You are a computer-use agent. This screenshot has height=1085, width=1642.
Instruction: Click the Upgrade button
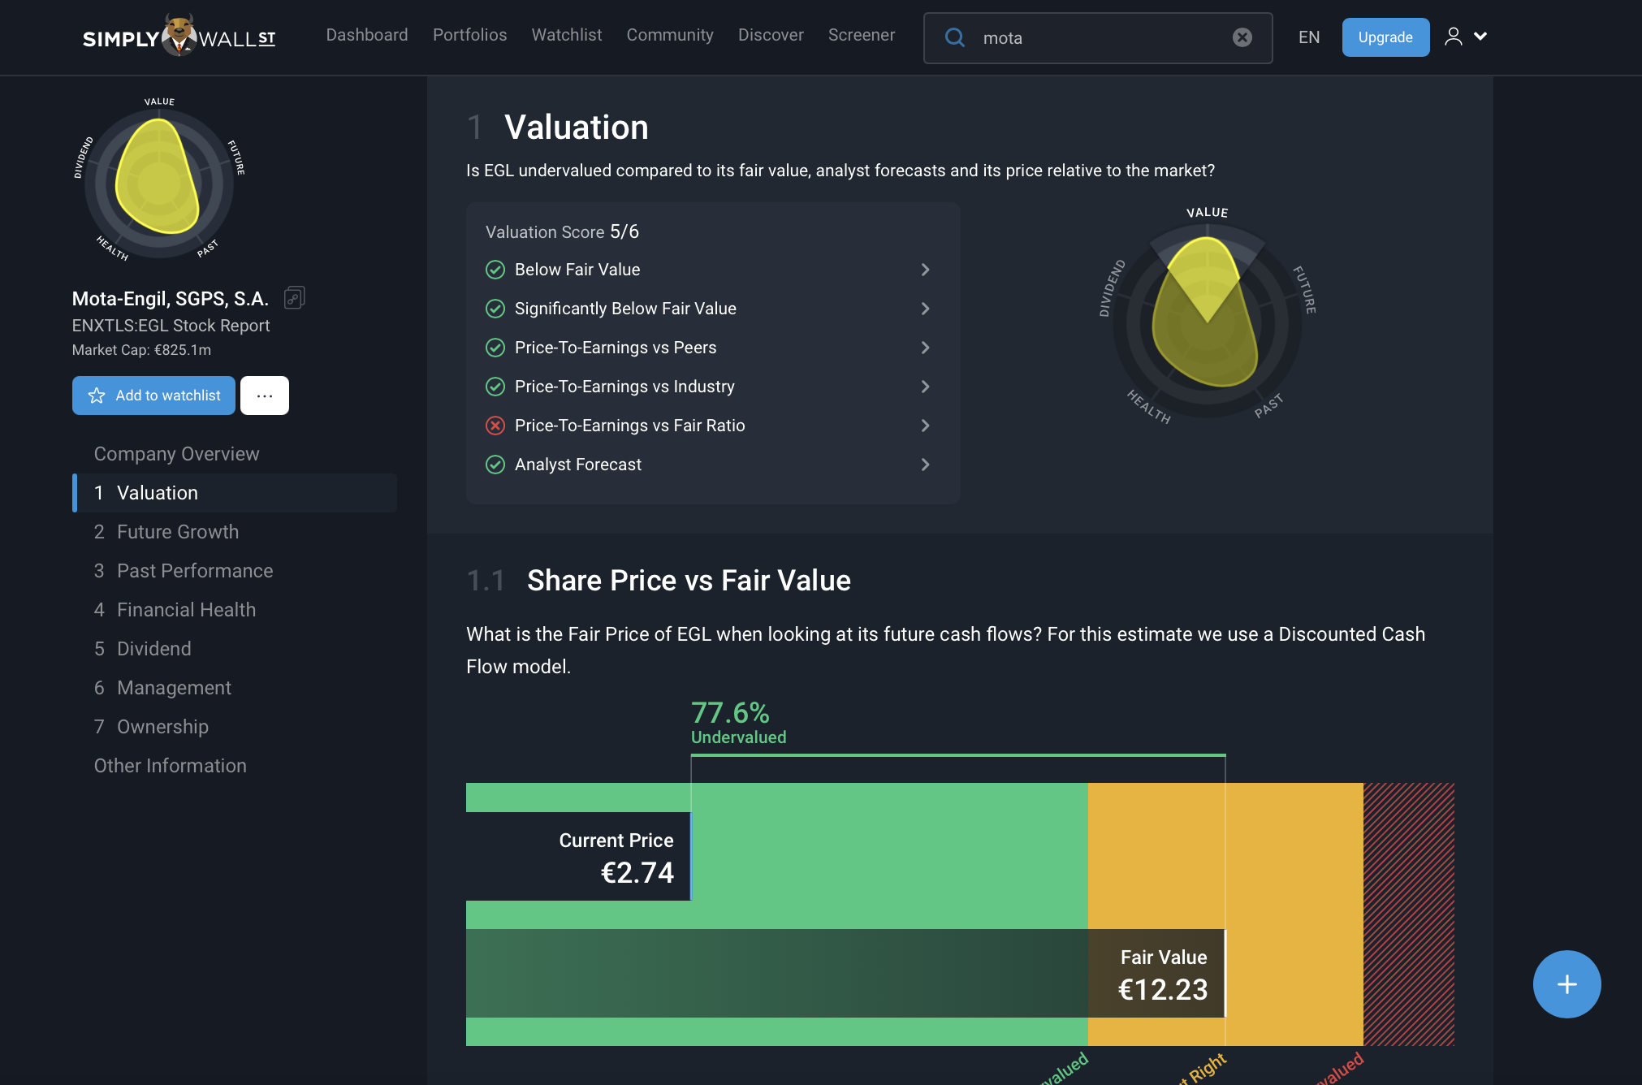tap(1385, 37)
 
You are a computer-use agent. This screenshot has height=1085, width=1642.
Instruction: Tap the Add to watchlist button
tap(153, 396)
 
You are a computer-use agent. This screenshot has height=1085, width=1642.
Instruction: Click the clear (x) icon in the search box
tap(1242, 37)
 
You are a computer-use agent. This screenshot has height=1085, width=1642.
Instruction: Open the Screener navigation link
tap(861, 35)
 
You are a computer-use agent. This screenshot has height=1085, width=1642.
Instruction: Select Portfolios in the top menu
tap(469, 35)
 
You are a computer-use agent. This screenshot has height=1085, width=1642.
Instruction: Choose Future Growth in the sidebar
tap(177, 532)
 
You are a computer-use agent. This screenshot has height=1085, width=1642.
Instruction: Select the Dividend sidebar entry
tap(153, 649)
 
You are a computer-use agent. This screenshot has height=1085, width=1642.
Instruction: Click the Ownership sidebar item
tap(162, 727)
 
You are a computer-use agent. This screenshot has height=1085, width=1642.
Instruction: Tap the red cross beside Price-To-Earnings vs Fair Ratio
tap(495, 426)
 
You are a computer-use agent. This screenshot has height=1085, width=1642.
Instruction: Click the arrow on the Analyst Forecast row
tap(925, 465)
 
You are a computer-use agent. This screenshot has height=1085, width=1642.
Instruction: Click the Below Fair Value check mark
tap(495, 270)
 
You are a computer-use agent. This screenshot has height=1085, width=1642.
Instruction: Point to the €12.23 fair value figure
tap(1162, 990)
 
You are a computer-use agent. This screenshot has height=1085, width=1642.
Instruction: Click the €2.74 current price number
tap(637, 873)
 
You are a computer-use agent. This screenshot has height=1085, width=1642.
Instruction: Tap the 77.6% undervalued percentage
tap(730, 713)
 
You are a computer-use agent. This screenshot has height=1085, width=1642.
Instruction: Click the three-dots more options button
tap(264, 396)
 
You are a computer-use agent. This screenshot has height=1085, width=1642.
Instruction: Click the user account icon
tap(1453, 37)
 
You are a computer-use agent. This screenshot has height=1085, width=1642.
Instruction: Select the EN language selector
tap(1308, 37)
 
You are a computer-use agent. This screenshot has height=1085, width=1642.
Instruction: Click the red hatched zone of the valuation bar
tap(1408, 914)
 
